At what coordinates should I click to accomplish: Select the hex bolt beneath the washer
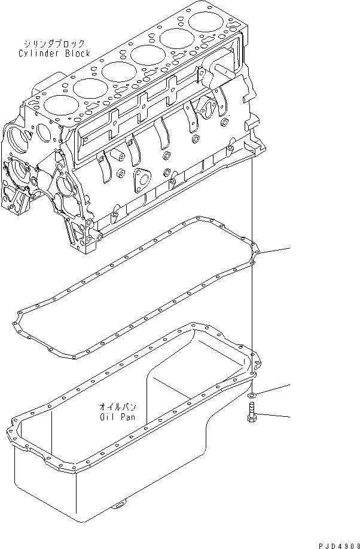[251, 414]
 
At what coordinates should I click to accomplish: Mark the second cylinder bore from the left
[89, 87]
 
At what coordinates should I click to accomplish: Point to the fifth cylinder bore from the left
[176, 41]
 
